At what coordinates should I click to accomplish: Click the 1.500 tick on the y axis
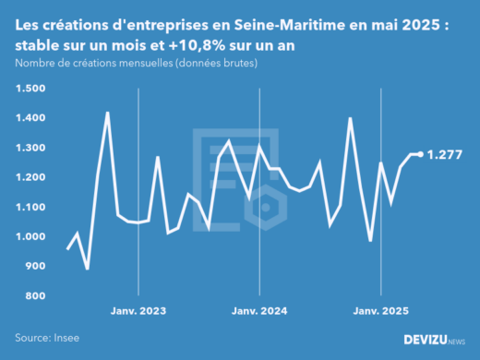click(x=30, y=89)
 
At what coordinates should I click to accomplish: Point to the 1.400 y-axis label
click(x=30, y=118)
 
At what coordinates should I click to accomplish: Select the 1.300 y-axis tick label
click(x=30, y=148)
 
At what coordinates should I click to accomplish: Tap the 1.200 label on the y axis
click(x=30, y=177)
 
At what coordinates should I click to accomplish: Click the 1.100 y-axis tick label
click(x=30, y=207)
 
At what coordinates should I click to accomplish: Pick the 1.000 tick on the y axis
click(x=30, y=236)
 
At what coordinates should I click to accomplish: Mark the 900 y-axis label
click(x=34, y=266)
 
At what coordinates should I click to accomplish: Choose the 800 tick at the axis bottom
click(x=34, y=295)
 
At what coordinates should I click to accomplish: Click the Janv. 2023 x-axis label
click(x=138, y=310)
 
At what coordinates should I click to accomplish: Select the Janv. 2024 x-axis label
click(x=260, y=310)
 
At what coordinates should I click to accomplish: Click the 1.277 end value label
click(x=445, y=154)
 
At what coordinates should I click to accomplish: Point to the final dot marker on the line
click(x=421, y=154)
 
